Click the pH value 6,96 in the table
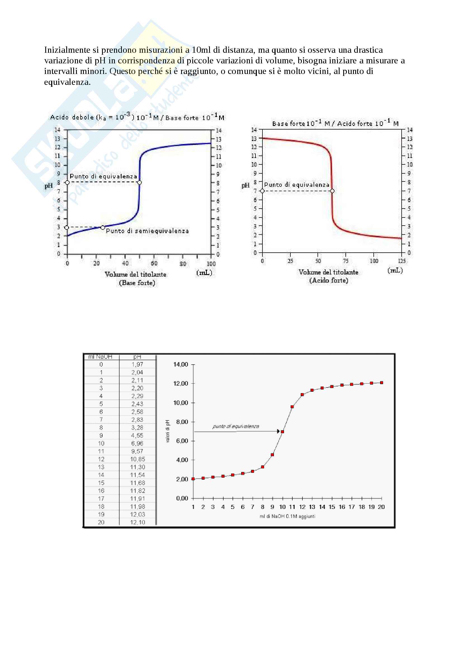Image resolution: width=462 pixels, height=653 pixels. point(137,443)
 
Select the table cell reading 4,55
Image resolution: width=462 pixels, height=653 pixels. point(137,436)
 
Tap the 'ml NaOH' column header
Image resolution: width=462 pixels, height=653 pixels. point(100,357)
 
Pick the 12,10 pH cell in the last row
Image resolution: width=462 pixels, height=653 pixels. point(138,522)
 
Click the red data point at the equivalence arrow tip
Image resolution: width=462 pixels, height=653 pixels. point(282,432)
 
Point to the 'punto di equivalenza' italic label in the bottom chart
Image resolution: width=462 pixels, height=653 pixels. point(236,426)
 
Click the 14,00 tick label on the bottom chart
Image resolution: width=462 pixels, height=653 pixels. point(181,364)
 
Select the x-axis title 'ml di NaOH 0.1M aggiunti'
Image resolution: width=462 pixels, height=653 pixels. point(287,516)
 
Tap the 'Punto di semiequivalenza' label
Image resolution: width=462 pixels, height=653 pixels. point(148,231)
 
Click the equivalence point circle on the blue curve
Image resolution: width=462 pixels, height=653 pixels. point(139,182)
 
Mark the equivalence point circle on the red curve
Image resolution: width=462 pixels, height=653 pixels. point(332,191)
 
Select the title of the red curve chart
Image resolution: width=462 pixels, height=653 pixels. point(335,123)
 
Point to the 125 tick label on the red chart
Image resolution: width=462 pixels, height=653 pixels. point(402,261)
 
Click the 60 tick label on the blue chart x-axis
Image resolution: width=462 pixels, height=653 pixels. point(154,263)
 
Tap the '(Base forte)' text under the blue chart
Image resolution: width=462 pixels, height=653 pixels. point(137,283)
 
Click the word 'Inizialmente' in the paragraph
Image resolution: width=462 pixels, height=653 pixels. point(67,50)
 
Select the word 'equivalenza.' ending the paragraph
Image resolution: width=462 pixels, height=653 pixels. point(67,82)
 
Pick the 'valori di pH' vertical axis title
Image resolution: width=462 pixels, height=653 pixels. point(168,431)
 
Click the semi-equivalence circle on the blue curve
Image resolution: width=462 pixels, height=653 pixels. point(103,228)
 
